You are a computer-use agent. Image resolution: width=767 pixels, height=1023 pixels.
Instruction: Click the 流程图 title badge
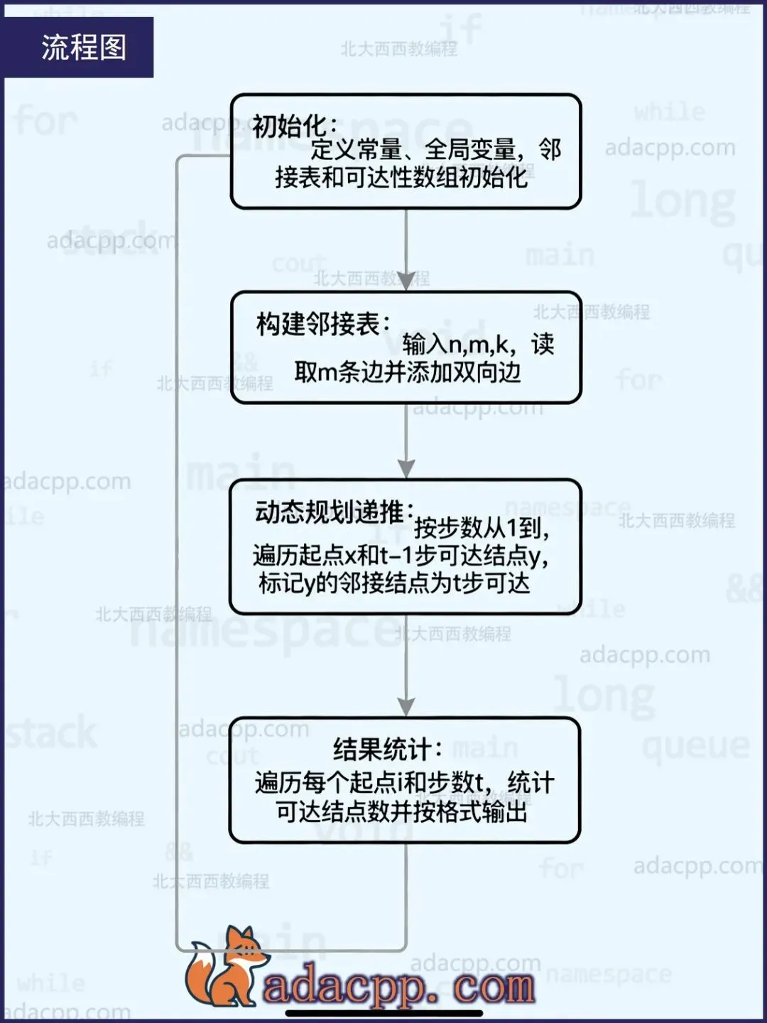click(83, 48)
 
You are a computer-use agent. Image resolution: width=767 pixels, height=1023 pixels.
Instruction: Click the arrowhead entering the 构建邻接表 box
click(406, 281)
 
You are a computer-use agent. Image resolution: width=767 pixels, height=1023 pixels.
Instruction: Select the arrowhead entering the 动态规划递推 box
click(406, 469)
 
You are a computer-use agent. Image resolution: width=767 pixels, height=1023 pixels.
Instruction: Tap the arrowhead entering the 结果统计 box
click(406, 706)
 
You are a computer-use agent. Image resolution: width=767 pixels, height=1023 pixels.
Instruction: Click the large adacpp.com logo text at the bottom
click(398, 986)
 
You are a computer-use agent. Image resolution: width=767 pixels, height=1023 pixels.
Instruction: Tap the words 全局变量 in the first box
click(469, 150)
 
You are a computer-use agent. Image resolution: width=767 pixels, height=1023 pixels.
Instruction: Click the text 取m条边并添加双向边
click(407, 372)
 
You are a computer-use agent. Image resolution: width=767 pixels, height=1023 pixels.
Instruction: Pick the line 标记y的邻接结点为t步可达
click(394, 583)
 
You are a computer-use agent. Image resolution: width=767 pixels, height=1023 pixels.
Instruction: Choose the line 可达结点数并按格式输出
click(402, 811)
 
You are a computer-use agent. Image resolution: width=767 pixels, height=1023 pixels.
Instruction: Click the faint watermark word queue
click(695, 747)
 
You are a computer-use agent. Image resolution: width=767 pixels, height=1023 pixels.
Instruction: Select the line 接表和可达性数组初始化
click(401, 177)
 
